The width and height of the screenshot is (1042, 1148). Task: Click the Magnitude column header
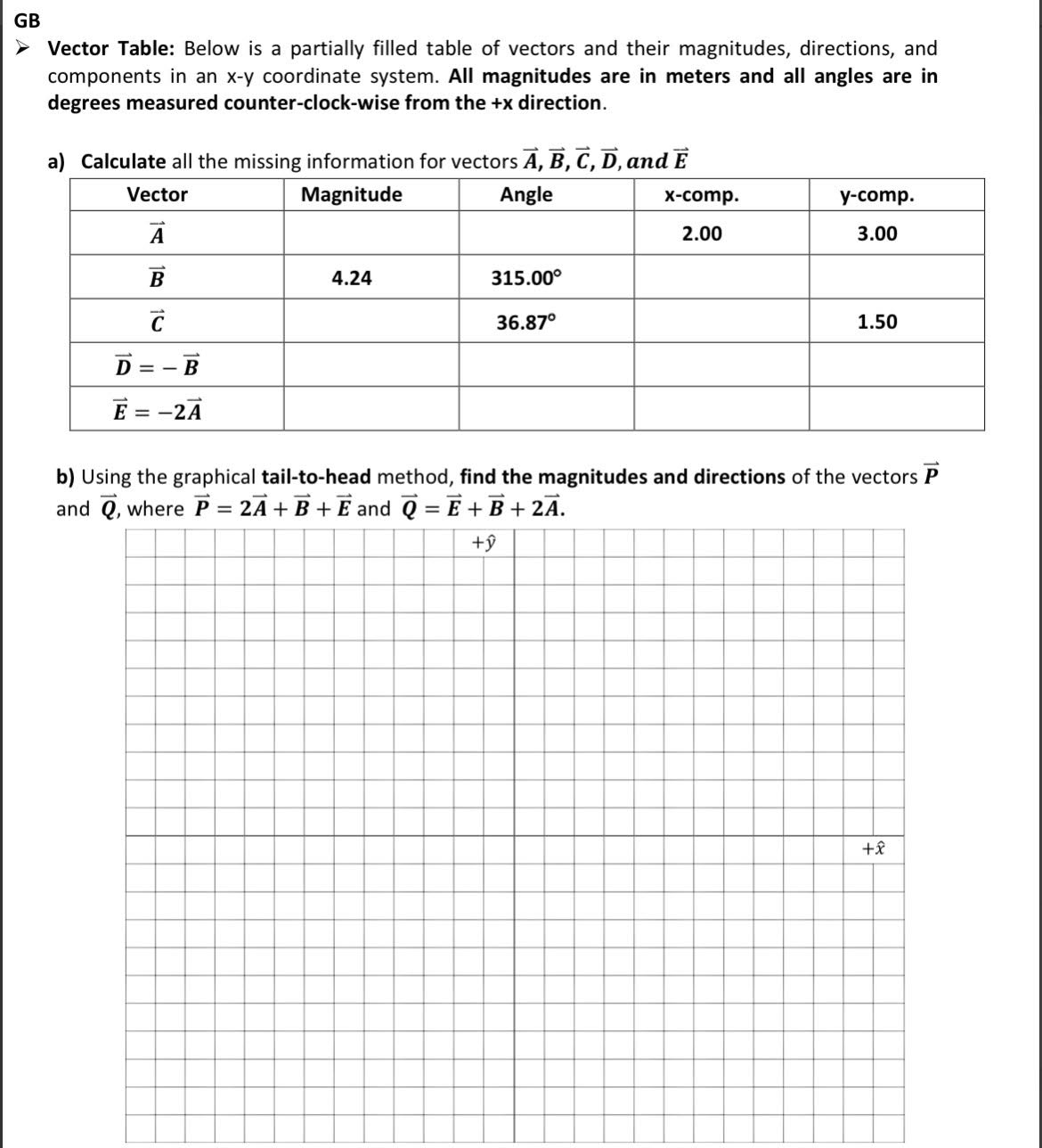click(x=351, y=194)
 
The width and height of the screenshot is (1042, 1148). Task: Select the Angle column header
click(x=525, y=194)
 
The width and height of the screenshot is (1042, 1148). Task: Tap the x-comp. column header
click(x=702, y=195)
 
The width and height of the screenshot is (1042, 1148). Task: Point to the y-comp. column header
click(x=876, y=195)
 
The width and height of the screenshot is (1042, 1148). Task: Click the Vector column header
click(x=157, y=194)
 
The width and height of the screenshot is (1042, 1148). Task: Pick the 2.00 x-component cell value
click(x=702, y=234)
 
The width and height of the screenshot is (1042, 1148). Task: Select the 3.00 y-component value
click(x=877, y=234)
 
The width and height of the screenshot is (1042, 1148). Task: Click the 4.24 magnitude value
click(x=351, y=278)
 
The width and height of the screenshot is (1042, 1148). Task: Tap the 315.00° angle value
click(x=527, y=278)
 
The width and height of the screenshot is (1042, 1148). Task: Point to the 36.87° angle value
click(x=525, y=322)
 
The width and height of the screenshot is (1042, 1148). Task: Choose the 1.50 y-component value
click(x=877, y=322)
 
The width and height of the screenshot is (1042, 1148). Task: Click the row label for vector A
click(x=157, y=234)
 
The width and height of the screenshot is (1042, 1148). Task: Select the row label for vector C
click(x=157, y=322)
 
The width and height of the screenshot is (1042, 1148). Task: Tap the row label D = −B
click(x=157, y=365)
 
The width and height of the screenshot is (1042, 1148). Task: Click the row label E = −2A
click(x=157, y=410)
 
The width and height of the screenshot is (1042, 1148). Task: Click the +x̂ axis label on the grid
click(x=874, y=849)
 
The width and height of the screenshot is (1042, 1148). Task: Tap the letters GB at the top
click(x=27, y=19)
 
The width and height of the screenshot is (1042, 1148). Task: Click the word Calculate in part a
click(x=123, y=161)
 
